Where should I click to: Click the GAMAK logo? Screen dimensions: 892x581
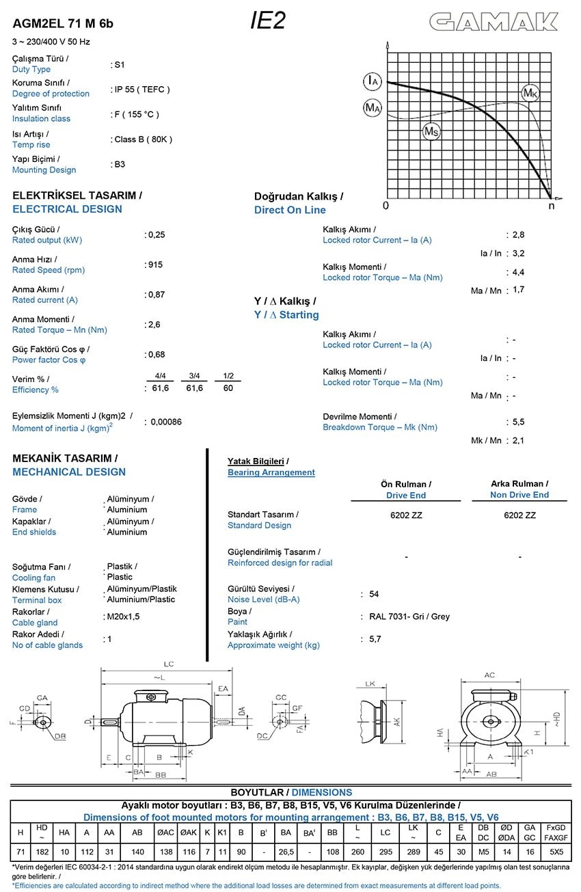(494, 23)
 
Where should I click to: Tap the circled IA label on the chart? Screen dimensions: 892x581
(372, 81)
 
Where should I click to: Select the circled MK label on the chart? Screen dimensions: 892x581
(530, 92)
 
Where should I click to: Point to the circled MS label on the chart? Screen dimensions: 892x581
(431, 131)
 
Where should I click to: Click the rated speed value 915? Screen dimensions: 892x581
(155, 265)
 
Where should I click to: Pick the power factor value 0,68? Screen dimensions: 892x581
(157, 354)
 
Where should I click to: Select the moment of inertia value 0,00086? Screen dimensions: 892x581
(165, 422)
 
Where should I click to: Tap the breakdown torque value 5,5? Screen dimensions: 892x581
(518, 422)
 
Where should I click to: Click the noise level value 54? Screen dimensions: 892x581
(374, 594)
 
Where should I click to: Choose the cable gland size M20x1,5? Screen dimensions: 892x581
(123, 617)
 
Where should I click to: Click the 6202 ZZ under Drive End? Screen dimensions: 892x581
(406, 515)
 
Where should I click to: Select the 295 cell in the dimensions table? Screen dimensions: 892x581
(386, 852)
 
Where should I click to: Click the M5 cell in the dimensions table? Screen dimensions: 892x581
(483, 852)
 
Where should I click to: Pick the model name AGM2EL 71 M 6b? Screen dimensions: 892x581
(63, 24)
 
